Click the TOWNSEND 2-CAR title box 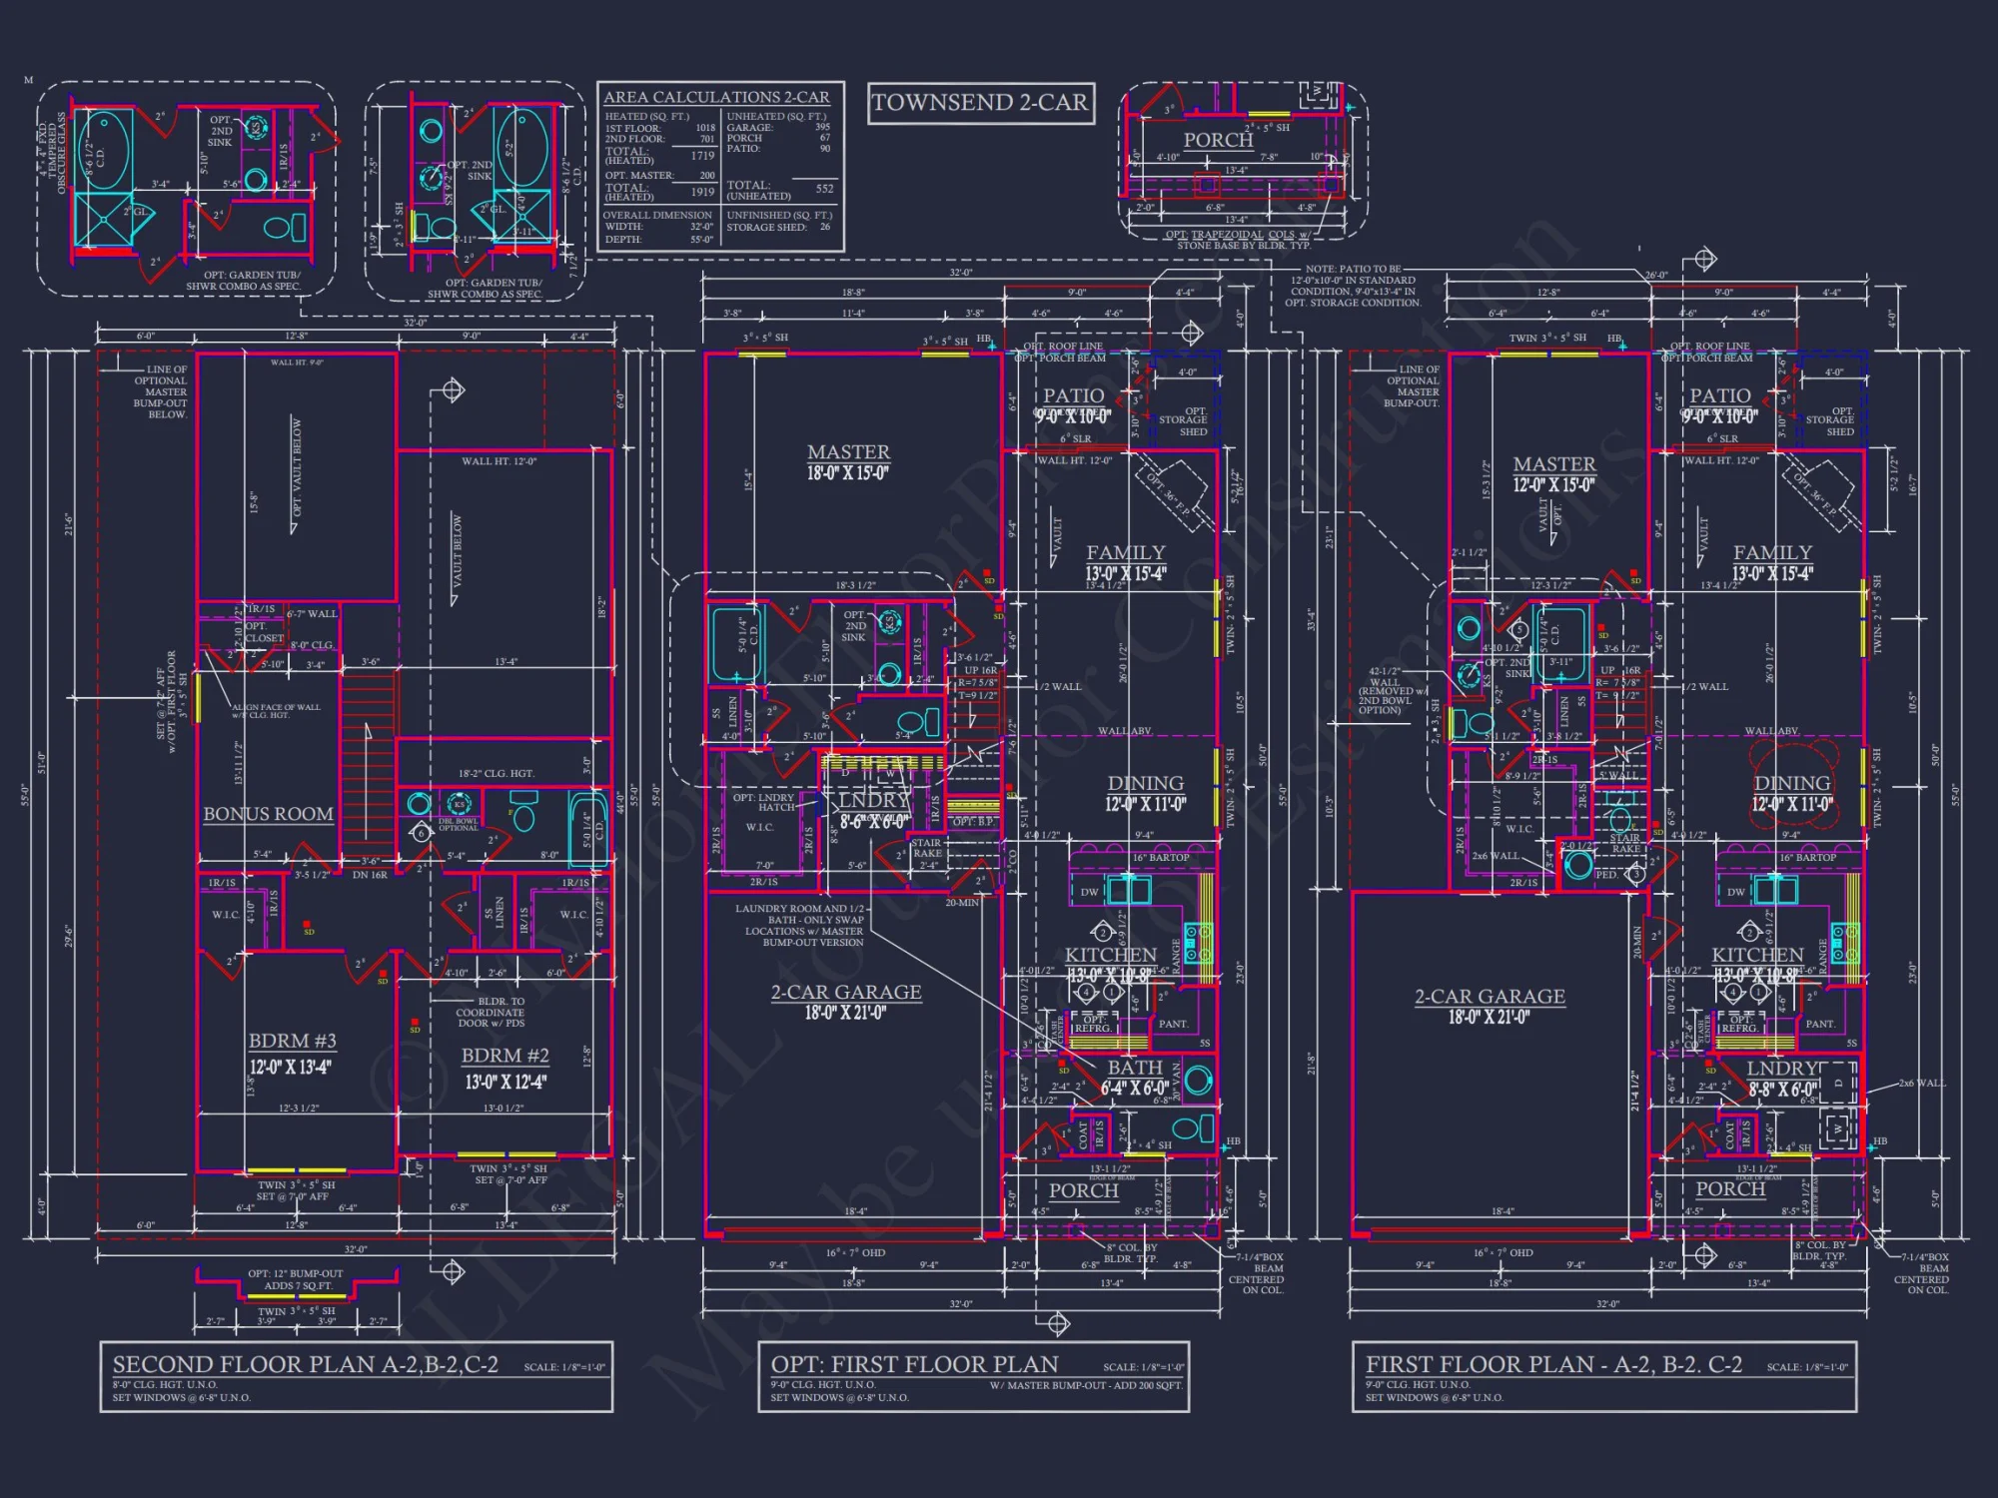pos(980,103)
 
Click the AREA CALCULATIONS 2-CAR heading pos(716,97)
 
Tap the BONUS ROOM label pos(268,814)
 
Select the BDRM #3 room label pos(292,1041)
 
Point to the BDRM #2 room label pos(504,1056)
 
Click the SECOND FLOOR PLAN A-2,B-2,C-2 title pos(305,1364)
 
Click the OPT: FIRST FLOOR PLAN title pos(914,1364)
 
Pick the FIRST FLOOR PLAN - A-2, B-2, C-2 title pos(1553,1364)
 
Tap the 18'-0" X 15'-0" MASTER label pos(848,462)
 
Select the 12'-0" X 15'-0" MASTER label pos(1553,474)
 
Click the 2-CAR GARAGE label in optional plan pos(845,993)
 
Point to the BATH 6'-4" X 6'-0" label pos(1135,1077)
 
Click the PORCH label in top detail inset pos(1218,141)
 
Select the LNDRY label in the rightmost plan pos(1782,1069)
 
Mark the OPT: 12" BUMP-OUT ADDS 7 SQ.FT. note pos(296,1279)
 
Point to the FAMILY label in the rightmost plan pos(1772,552)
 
